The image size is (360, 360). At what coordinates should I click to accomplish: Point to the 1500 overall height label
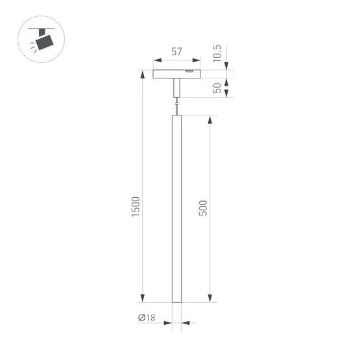click(x=135, y=206)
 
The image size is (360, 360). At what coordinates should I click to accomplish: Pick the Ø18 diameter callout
click(x=147, y=318)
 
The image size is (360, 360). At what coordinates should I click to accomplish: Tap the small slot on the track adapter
click(x=189, y=71)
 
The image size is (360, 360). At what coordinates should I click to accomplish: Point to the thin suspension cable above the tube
click(x=176, y=104)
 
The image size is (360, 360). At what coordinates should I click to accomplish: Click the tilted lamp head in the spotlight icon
click(x=45, y=42)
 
